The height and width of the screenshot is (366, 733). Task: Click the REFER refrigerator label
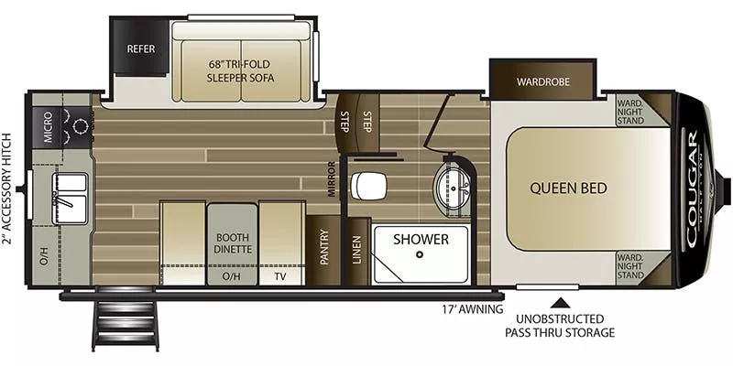140,48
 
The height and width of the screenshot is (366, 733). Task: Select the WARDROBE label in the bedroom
542,81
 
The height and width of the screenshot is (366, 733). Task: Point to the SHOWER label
421,240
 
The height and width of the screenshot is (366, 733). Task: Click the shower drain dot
419,256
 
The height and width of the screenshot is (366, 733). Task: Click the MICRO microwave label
46,130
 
